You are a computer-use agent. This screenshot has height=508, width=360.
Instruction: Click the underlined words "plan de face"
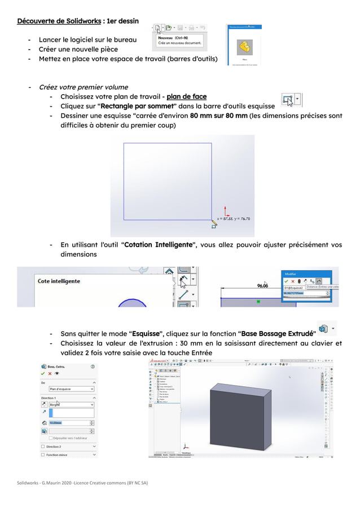[186, 96]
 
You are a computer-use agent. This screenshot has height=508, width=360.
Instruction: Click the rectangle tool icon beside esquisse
[288, 100]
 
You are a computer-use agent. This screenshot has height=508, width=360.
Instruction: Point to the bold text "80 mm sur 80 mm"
[218, 116]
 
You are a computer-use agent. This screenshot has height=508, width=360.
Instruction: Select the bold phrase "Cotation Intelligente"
[158, 245]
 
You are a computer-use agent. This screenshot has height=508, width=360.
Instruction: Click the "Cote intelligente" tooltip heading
[59, 281]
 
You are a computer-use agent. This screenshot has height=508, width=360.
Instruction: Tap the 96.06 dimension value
[263, 285]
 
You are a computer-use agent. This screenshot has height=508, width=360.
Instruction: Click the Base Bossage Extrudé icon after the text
[323, 328]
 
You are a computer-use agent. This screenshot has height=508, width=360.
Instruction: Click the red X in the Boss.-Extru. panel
[50, 373]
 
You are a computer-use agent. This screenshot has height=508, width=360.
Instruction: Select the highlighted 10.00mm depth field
[68, 422]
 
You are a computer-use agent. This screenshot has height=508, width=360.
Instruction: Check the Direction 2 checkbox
[43, 446]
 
